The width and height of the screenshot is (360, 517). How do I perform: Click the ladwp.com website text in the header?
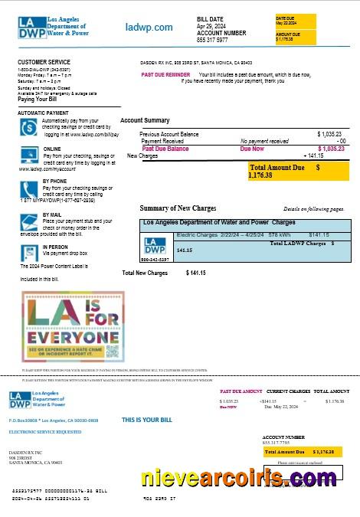[x=149, y=28]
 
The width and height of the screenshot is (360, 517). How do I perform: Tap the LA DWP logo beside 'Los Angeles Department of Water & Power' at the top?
[x=31, y=27]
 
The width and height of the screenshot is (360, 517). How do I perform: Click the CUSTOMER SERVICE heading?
[x=42, y=61]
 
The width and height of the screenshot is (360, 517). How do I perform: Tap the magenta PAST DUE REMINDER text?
[x=165, y=74]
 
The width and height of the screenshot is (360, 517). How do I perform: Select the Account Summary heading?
[x=145, y=120]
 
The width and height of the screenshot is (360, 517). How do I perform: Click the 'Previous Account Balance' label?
[x=169, y=134]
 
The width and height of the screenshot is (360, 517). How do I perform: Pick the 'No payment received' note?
[x=264, y=142]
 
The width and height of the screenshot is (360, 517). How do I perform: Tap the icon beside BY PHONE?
[x=29, y=186]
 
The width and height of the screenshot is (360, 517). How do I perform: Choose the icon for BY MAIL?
[x=29, y=220]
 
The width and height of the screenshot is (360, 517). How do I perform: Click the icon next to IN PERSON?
[x=29, y=250]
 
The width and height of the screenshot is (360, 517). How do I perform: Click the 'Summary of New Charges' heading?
[x=178, y=208]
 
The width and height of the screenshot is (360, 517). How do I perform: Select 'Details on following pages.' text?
[x=313, y=208]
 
